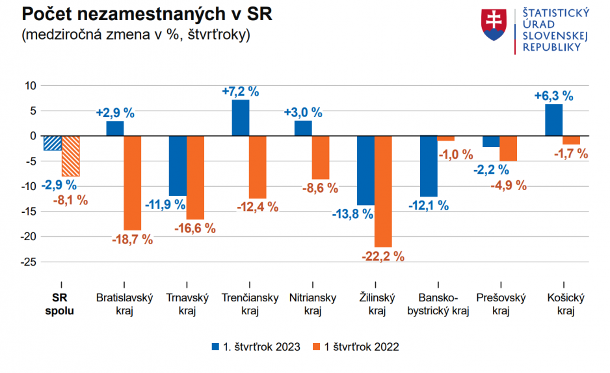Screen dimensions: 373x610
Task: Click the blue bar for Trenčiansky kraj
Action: tap(241, 118)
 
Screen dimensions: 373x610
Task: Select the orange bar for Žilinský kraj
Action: tap(383, 191)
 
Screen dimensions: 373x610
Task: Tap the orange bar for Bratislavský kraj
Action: tap(132, 183)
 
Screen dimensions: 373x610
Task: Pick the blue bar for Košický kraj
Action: tap(553, 120)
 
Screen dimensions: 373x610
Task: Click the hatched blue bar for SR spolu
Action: tap(52, 143)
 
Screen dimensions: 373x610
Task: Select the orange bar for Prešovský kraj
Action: tap(509, 148)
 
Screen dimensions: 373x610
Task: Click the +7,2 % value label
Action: tap(241, 91)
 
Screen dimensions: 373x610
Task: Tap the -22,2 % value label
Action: tap(383, 256)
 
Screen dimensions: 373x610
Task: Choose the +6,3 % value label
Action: tap(553, 96)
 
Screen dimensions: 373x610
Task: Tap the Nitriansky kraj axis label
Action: tap(313, 304)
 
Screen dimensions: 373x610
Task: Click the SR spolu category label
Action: tap(60, 304)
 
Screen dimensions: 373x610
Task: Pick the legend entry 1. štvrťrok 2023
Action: tap(256, 347)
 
